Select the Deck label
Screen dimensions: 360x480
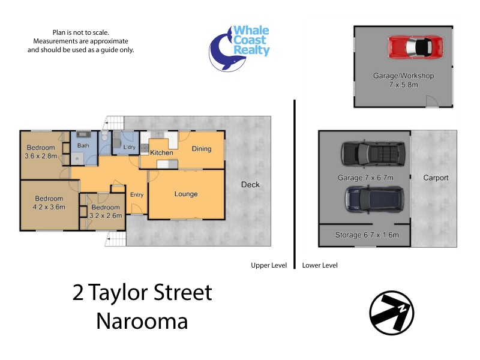[x=250, y=184]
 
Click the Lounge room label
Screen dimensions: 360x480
[x=186, y=194]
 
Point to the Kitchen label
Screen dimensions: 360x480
[x=161, y=152]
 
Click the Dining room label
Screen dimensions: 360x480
[x=202, y=149]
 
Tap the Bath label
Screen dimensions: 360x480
[x=83, y=145]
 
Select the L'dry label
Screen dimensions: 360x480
[x=129, y=147]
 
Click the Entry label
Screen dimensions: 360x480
[x=137, y=194]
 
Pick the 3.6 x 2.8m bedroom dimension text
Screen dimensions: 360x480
[x=41, y=156]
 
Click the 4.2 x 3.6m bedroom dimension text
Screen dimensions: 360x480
[x=49, y=207]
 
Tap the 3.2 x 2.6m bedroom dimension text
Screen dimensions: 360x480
[x=106, y=215]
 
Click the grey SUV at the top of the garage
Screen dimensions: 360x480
[x=371, y=154]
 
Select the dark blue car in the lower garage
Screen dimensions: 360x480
[x=374, y=199]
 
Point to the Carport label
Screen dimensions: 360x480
[x=436, y=178]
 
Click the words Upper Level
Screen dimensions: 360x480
[x=269, y=265]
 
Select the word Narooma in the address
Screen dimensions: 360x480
[x=142, y=320]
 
